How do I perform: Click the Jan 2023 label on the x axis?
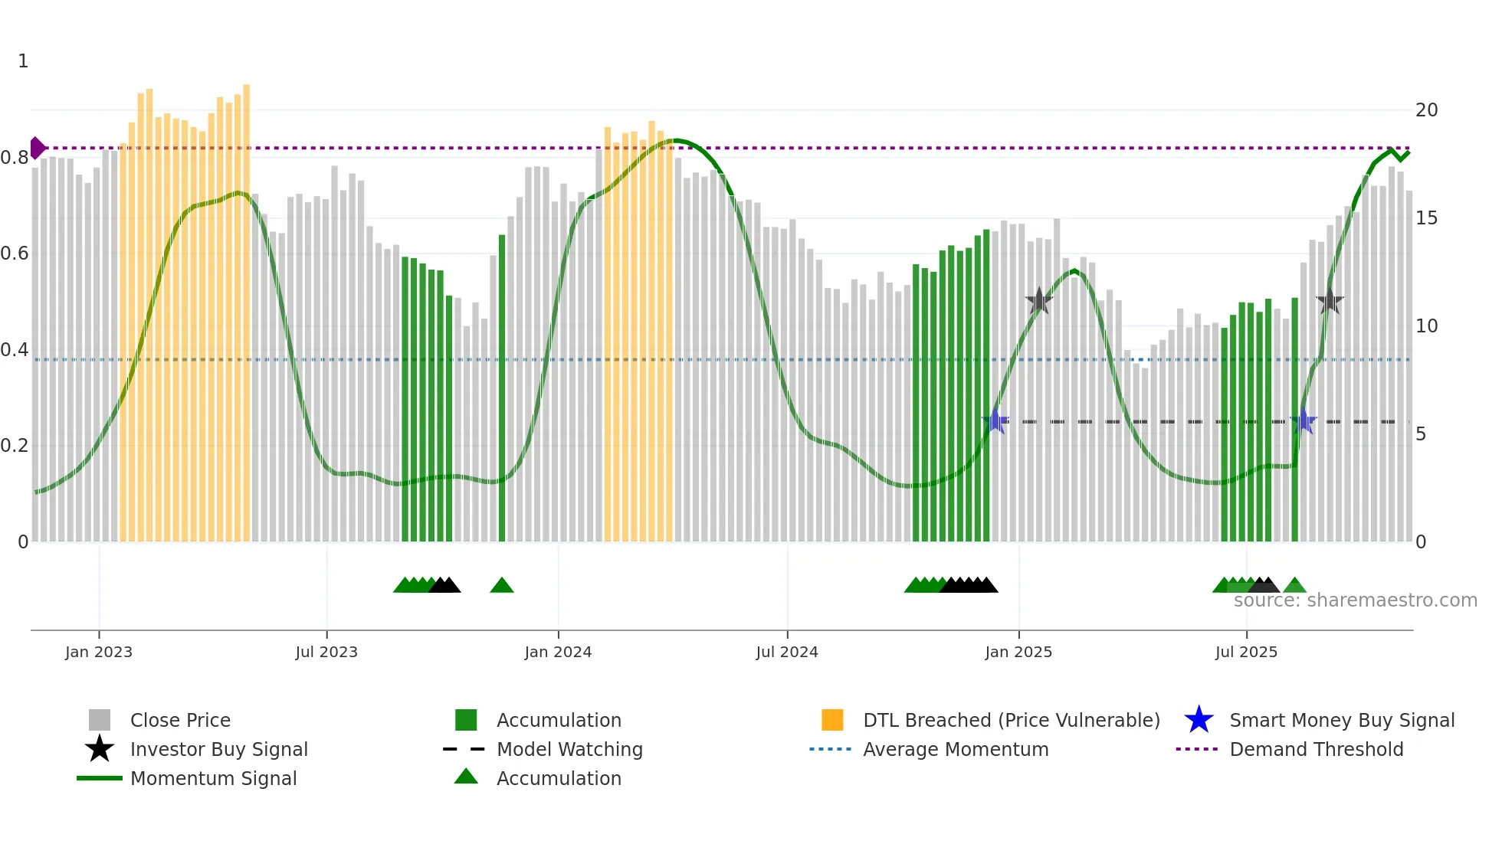pos(99,652)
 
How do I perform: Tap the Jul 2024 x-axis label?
pos(787,652)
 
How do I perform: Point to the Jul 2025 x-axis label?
pos(1247,652)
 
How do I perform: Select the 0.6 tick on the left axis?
pos(15,254)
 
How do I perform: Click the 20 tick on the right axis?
pos(1426,110)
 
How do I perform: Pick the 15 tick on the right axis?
pos(1426,218)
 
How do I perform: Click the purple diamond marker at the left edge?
pos(37,148)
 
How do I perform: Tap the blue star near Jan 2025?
pos(995,421)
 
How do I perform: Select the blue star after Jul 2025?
pos(1304,421)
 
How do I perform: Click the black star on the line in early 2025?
pos(1039,301)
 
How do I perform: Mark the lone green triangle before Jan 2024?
pos(502,586)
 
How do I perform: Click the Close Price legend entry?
pos(180,720)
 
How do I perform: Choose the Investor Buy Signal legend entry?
pos(218,749)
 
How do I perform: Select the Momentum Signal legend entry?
pos(213,778)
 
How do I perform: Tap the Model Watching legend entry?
pos(569,749)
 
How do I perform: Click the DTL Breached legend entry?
pos(1011,720)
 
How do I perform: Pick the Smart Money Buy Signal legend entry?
pos(1341,720)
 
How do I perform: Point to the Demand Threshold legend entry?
pos(1316,749)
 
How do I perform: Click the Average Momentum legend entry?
pos(956,749)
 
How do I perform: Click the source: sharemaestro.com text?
pos(1355,600)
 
